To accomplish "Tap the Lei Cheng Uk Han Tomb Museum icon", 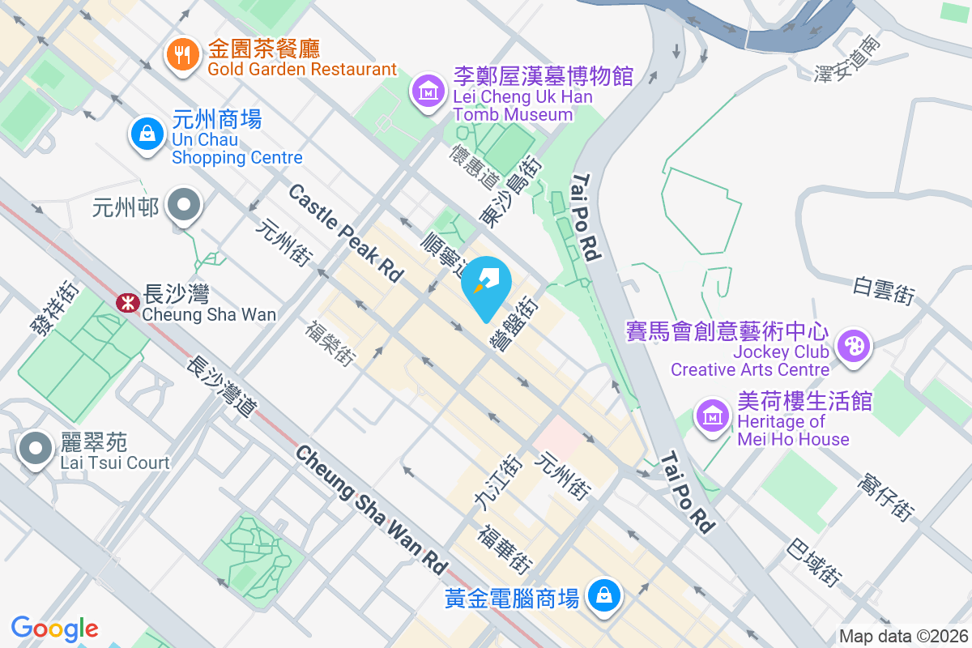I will coord(429,91).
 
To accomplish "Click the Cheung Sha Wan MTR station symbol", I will coord(126,304).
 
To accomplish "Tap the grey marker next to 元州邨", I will coord(184,205).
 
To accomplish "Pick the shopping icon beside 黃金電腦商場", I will coord(603,597).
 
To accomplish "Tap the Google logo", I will coord(54,629).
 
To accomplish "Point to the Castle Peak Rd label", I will coord(346,233).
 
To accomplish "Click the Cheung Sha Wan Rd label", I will coord(371,509).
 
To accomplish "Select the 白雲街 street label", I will coord(884,291).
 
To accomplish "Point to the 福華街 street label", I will coord(505,549).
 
